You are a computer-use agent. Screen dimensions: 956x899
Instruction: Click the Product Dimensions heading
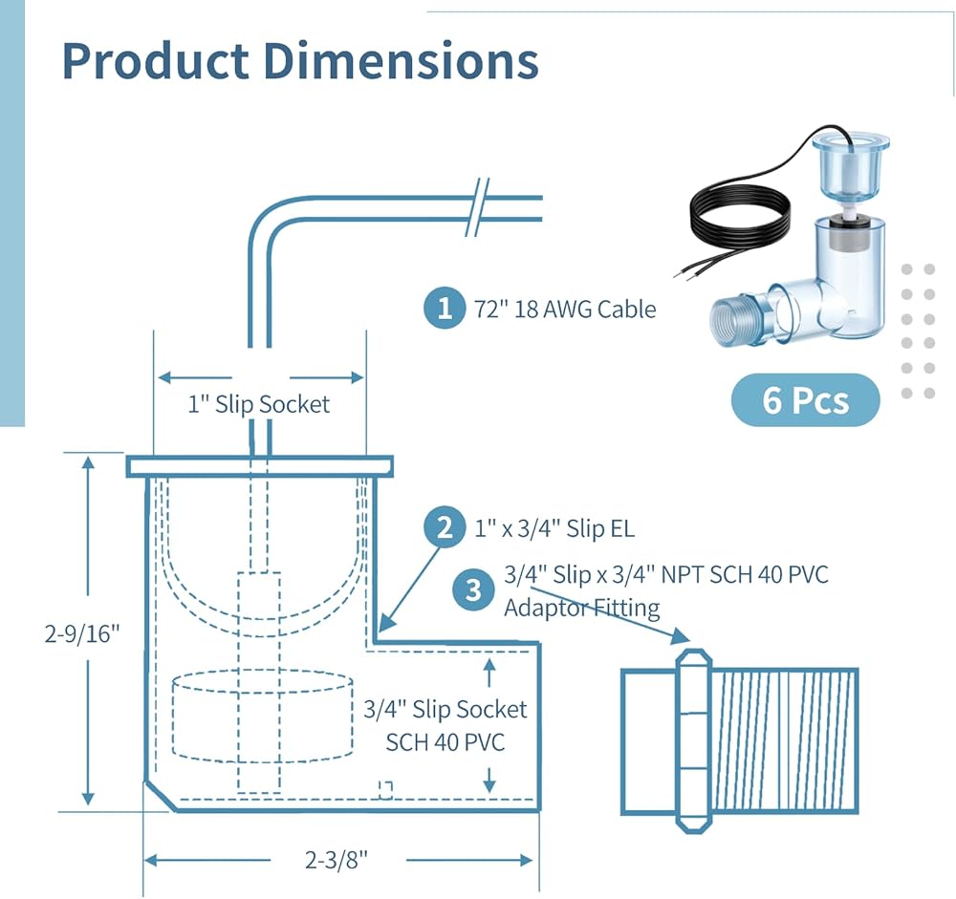(x=300, y=61)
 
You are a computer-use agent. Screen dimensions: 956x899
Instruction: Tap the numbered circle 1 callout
(x=445, y=308)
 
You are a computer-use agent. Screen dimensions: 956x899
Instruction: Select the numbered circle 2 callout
(x=445, y=527)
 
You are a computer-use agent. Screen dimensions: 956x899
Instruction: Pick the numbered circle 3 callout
(x=473, y=589)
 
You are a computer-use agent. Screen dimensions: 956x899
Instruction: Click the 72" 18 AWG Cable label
(x=565, y=309)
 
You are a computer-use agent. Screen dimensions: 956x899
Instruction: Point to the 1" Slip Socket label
(x=258, y=404)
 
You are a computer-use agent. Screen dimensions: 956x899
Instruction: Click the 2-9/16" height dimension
(x=82, y=633)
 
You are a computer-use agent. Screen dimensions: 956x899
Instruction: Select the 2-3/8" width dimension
(x=337, y=860)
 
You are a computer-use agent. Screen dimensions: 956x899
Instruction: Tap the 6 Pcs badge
(x=805, y=400)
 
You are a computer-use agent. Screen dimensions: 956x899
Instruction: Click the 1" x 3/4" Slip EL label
(x=554, y=527)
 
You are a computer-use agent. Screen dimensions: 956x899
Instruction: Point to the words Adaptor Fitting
(x=581, y=608)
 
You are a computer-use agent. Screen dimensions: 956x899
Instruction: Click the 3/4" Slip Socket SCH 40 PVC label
(x=445, y=725)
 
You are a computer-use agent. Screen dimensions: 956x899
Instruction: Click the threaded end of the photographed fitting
(x=736, y=317)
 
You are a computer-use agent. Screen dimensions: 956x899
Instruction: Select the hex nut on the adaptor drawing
(x=694, y=740)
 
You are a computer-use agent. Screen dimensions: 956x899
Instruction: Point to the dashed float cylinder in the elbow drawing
(x=263, y=717)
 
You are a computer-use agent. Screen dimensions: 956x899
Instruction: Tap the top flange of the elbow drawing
(x=260, y=466)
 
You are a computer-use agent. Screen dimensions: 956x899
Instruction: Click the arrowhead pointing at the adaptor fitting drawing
(x=681, y=636)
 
